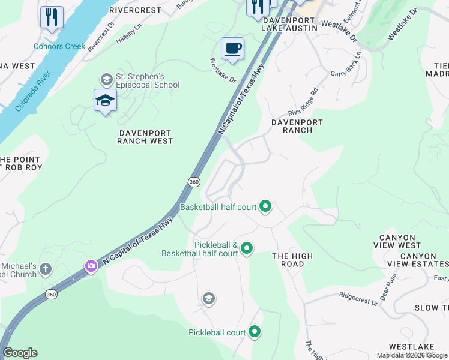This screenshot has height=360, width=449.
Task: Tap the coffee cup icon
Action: [232, 49]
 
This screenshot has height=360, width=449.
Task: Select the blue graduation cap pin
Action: [105, 100]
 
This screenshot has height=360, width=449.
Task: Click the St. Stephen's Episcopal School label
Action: [146, 80]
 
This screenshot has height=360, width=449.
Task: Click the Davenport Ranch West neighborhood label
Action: [145, 137]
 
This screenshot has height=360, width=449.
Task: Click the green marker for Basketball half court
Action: [265, 207]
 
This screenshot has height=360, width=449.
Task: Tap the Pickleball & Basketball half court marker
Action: [246, 247]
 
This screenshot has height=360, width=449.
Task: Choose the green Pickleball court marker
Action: [255, 332]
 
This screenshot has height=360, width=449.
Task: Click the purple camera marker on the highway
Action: [91, 266]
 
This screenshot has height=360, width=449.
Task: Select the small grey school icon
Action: [208, 298]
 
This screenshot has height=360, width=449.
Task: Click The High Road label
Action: [292, 260]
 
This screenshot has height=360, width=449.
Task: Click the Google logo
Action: [20, 353]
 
